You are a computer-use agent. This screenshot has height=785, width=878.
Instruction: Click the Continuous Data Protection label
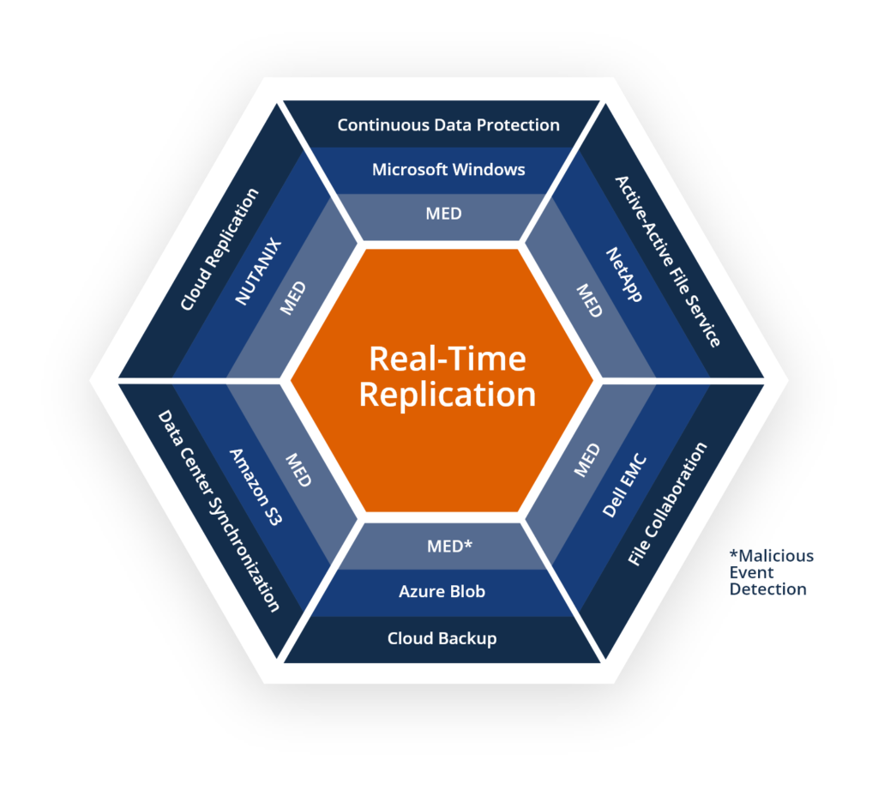448,125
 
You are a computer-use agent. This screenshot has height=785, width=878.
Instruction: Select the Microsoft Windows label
448,169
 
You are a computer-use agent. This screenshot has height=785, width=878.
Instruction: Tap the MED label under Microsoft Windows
443,214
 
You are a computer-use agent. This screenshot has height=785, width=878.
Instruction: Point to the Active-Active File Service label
667,261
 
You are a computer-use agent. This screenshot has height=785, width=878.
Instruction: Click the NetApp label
624,275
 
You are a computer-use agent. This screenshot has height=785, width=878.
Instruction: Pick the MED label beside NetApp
589,300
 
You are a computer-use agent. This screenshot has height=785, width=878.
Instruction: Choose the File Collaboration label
667,503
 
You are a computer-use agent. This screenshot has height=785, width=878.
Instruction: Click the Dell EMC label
625,486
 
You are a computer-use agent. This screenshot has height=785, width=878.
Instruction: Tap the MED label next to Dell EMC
586,460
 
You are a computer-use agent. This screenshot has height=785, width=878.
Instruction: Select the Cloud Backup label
442,638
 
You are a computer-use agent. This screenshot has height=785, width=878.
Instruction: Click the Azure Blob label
442,591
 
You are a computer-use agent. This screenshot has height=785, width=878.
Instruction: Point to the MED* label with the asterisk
449,546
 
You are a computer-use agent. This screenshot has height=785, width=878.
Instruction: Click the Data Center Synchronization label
219,510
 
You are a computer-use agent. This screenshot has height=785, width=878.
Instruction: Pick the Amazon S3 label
256,486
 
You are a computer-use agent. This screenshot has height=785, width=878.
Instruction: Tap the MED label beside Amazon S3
298,469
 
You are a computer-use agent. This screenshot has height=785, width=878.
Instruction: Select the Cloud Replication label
219,250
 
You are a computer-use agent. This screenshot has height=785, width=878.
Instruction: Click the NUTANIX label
258,271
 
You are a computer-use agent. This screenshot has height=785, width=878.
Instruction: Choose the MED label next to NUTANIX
293,298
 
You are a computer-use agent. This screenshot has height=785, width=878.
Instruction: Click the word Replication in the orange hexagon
448,395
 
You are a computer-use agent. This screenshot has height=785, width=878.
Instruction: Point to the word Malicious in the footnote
772,556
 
